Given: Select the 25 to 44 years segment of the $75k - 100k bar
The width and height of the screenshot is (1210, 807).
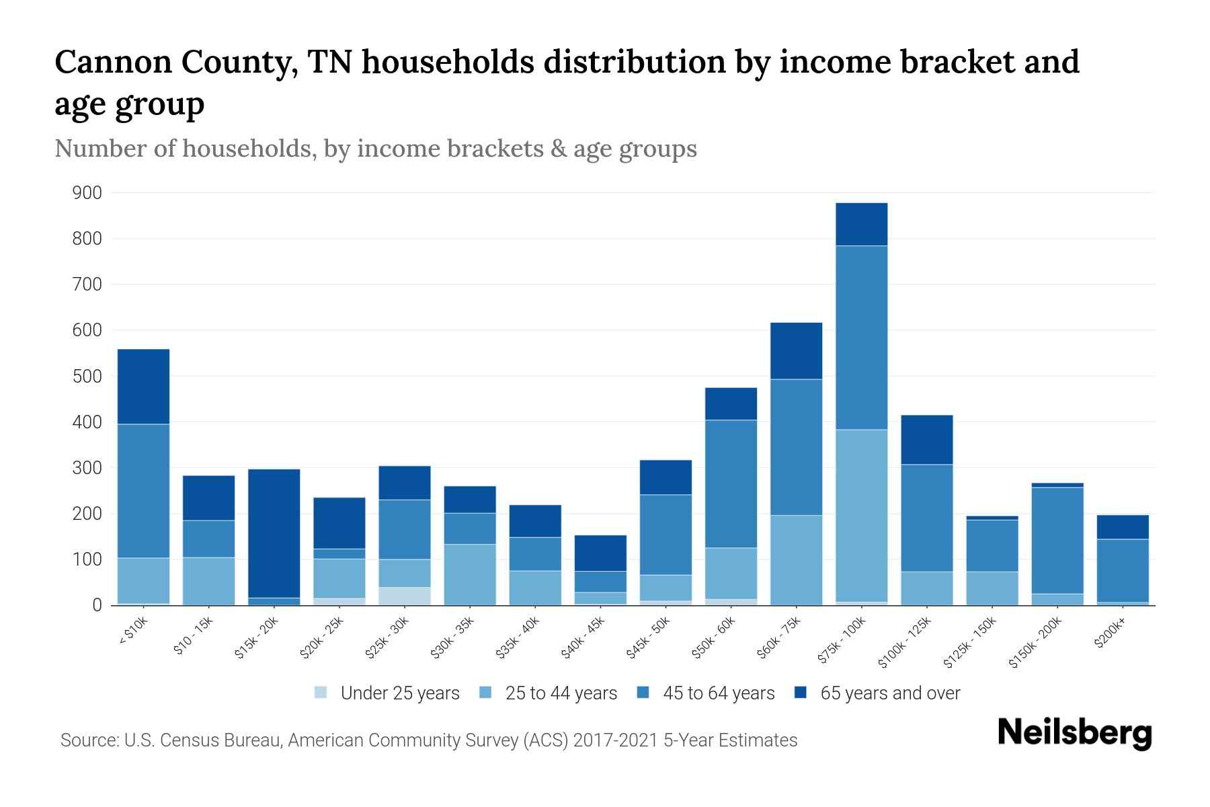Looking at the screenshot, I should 861,515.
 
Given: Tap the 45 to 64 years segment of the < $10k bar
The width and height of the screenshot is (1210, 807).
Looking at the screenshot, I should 143,491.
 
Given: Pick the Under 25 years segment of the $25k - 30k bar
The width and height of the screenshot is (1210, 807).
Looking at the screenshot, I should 405,596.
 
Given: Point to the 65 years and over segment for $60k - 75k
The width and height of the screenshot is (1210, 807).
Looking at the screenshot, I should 796,351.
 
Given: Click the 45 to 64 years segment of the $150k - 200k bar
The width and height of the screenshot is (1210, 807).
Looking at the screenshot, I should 1057,540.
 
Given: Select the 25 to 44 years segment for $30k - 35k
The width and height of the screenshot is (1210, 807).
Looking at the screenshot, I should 470,574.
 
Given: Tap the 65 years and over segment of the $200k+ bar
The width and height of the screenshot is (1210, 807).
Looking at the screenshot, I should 1122,527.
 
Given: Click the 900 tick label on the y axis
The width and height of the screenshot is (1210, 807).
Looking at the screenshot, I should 87,193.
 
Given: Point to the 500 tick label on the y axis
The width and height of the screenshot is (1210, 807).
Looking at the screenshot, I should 87,377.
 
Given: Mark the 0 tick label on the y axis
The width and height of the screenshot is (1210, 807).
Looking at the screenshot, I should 97,605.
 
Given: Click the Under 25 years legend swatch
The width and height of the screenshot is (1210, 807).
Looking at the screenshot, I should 321,693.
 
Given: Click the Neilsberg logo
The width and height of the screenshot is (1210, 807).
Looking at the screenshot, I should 1074,733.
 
